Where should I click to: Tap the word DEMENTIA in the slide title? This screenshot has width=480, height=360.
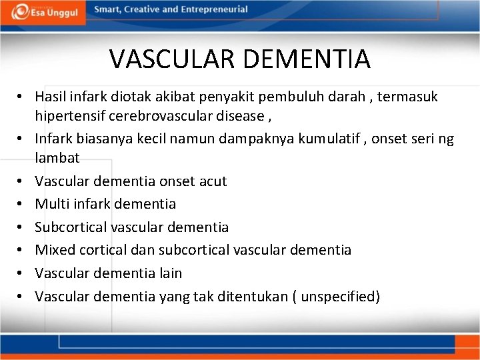click(306, 59)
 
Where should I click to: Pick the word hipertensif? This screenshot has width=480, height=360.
click(69, 116)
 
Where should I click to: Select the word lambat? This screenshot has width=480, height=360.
click(57, 158)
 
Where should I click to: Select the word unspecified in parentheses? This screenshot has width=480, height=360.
click(338, 296)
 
